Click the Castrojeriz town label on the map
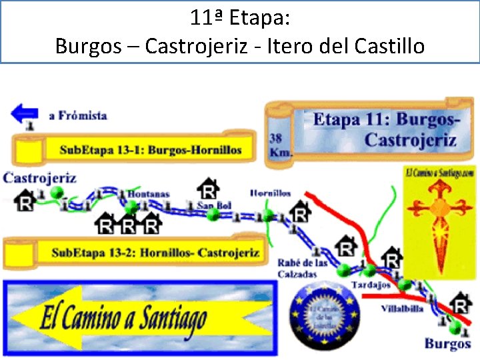tap(40, 177)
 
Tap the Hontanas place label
tap(148, 194)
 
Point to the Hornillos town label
tap(270, 193)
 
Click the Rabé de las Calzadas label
tap(302, 268)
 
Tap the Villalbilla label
tap(402, 309)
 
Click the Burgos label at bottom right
tap(447, 344)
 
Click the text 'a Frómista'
tap(78, 115)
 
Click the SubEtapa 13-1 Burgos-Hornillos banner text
tap(150, 150)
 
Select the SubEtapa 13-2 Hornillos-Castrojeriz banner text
tap(155, 253)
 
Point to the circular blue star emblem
tap(325, 314)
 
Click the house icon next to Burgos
tap(460, 303)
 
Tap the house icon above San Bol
tap(209, 188)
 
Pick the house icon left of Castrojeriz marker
tap(25, 200)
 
